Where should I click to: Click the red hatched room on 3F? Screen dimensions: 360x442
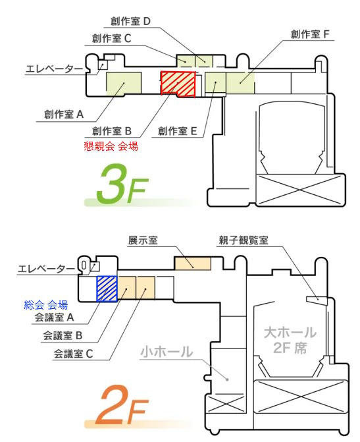pyautogui.click(x=178, y=84)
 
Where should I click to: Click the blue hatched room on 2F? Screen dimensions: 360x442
pyautogui.click(x=107, y=289)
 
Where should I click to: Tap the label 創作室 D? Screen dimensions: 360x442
pyautogui.click(x=131, y=21)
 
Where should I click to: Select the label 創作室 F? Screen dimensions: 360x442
pyautogui.click(x=310, y=34)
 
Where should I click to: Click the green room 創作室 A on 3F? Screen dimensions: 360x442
pyautogui.click(x=124, y=83)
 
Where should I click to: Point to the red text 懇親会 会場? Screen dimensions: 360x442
pyautogui.click(x=111, y=146)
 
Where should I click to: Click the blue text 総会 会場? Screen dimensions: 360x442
pyautogui.click(x=46, y=305)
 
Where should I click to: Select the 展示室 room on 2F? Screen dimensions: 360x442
pyautogui.click(x=193, y=263)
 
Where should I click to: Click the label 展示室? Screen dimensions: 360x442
pyautogui.click(x=143, y=240)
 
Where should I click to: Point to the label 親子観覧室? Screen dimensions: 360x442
pyautogui.click(x=244, y=240)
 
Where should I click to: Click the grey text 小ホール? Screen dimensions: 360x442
pyautogui.click(x=167, y=352)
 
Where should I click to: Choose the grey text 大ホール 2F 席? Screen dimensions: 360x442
pyautogui.click(x=290, y=340)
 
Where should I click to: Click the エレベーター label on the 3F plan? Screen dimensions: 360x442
pyautogui.click(x=55, y=69)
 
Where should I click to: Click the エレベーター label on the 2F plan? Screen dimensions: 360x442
pyautogui.click(x=47, y=269)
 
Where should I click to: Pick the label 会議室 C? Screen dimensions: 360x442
pyautogui.click(x=73, y=354)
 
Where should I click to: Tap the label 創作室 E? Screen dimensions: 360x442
pyautogui.click(x=178, y=131)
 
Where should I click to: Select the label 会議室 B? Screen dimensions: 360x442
pyautogui.click(x=63, y=336)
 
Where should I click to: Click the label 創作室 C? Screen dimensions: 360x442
pyautogui.click(x=112, y=38)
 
